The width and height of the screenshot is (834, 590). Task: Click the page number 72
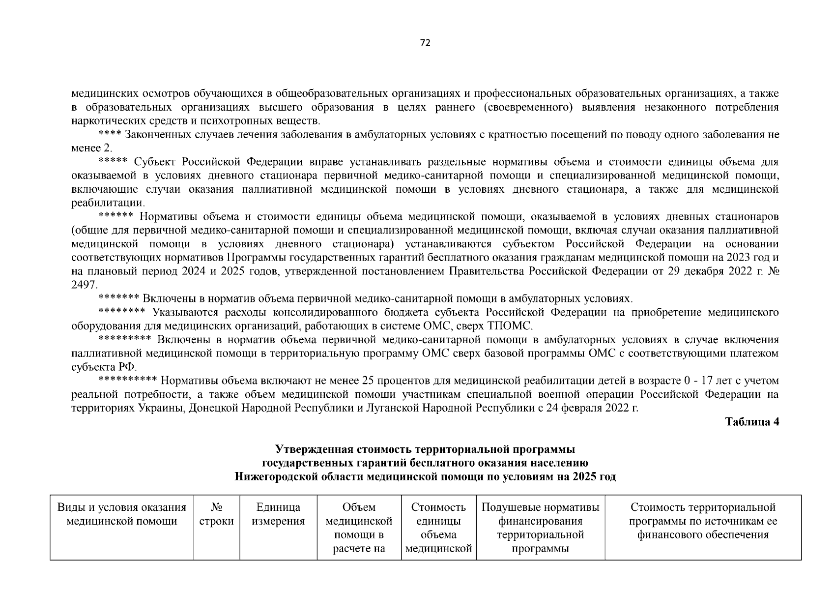click(425, 43)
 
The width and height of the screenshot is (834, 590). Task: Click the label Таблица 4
click(752, 422)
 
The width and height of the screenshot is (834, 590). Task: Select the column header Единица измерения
click(278, 514)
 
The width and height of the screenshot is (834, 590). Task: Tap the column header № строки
click(216, 514)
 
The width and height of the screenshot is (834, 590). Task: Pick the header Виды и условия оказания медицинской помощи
click(122, 514)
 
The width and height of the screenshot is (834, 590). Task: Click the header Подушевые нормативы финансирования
click(540, 514)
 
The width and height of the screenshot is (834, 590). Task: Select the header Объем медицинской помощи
click(359, 521)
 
